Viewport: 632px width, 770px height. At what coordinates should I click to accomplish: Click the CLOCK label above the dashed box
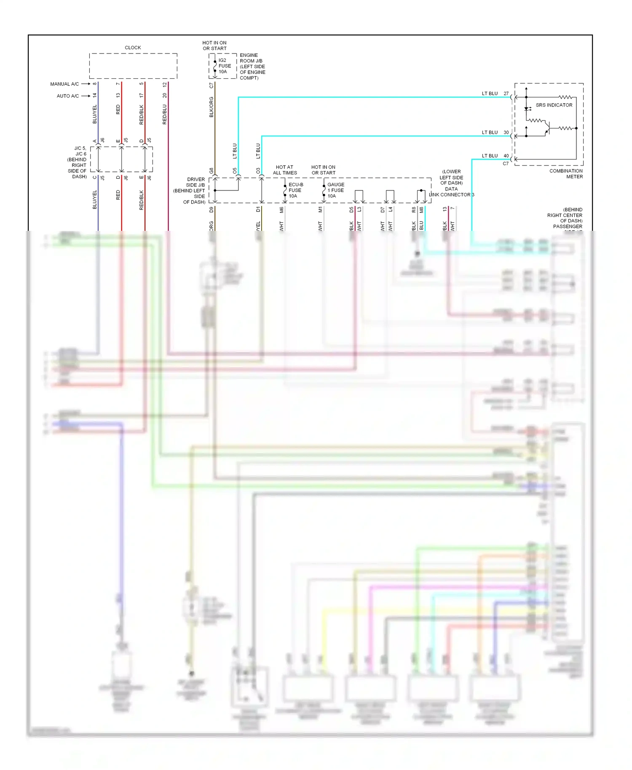[133, 48]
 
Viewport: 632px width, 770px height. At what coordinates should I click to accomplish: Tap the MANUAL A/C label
[64, 84]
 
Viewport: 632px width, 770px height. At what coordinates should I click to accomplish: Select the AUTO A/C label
[68, 96]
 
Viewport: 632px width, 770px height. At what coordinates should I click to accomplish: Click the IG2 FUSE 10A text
[224, 66]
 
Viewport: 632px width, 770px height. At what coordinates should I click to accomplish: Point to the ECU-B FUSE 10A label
[295, 190]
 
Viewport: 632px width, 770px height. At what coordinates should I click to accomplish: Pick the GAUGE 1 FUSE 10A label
[335, 190]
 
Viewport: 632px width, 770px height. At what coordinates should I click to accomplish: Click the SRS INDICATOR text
[554, 105]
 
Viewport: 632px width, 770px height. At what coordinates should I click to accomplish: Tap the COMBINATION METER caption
[566, 174]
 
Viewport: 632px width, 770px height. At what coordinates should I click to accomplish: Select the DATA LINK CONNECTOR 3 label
[451, 192]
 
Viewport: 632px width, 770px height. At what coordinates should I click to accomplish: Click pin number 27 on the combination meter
[506, 94]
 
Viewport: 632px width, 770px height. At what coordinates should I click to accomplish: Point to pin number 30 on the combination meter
[506, 132]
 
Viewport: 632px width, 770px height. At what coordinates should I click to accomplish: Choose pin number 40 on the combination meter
[506, 156]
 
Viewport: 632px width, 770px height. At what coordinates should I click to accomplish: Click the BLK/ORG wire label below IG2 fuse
[212, 107]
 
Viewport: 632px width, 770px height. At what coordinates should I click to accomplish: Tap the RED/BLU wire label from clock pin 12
[165, 114]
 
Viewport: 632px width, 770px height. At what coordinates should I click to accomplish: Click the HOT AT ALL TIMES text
[285, 170]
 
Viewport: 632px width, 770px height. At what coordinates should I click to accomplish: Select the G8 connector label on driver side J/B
[212, 171]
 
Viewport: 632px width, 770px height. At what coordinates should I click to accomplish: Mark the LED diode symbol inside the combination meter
[526, 109]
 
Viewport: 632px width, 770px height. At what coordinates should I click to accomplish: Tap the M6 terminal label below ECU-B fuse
[281, 210]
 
